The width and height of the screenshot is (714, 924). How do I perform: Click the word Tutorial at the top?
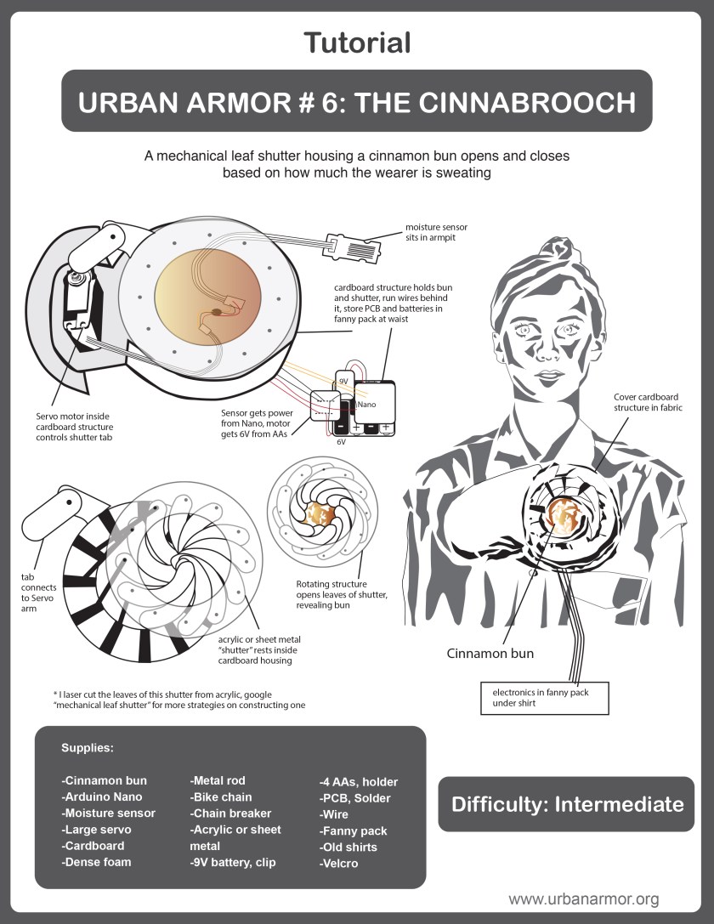pos(357,42)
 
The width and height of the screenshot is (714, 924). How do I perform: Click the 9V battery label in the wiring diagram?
pos(343,383)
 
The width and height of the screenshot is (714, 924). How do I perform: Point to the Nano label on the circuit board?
pos(366,405)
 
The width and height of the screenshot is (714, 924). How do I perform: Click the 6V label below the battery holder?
pos(341,442)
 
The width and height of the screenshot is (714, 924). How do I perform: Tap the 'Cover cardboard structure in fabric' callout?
pos(648,402)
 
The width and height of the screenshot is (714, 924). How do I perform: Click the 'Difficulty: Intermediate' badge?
pos(567,804)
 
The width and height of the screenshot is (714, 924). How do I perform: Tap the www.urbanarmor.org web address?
pos(583,898)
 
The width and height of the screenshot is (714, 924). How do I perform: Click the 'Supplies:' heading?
pos(88,748)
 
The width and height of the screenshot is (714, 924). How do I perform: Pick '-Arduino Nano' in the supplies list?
pos(102,796)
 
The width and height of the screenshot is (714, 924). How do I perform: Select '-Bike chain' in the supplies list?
pos(221,796)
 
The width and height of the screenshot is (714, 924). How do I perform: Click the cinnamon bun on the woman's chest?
pos(563,513)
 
